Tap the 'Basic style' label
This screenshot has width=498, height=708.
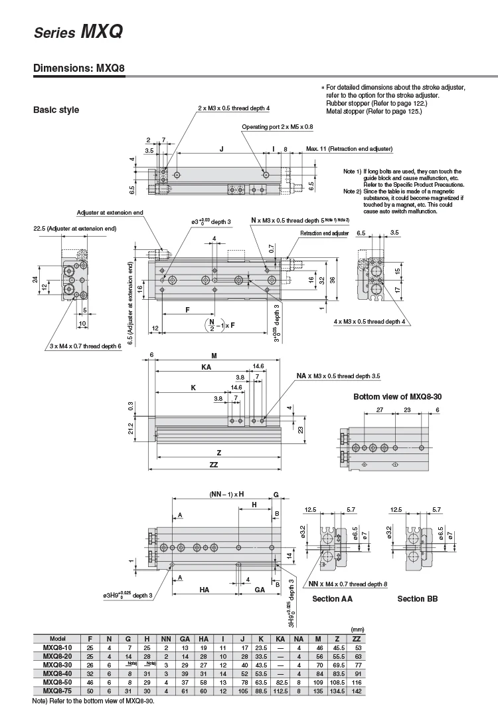[x=56, y=110]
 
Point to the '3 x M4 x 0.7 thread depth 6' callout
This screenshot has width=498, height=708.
[x=86, y=346]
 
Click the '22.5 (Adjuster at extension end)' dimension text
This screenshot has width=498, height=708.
[x=74, y=229]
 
